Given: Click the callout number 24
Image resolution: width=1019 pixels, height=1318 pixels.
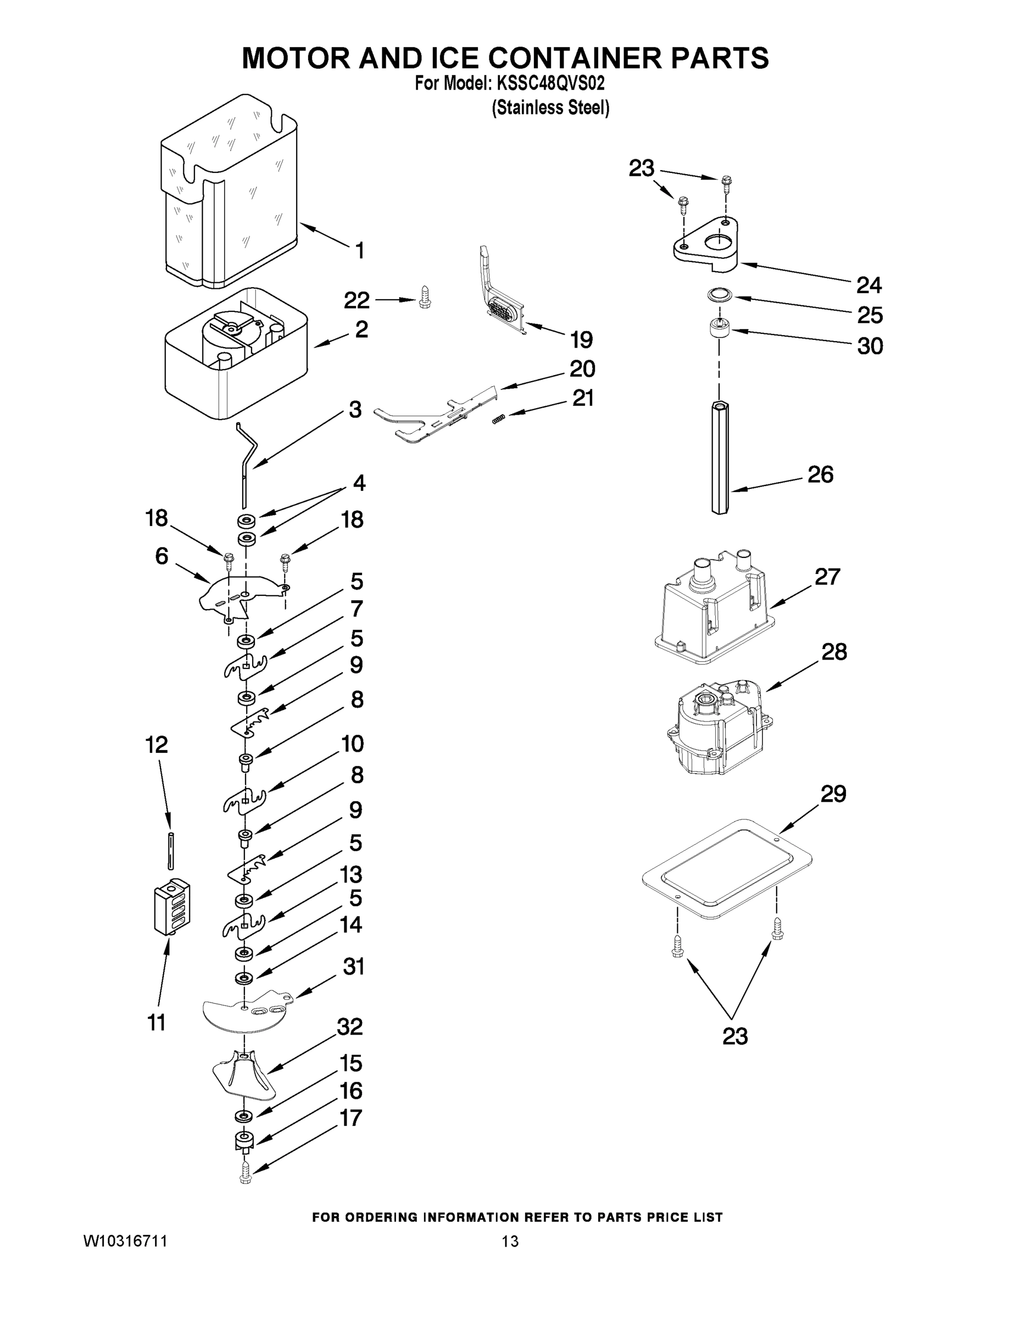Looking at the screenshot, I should (868, 285).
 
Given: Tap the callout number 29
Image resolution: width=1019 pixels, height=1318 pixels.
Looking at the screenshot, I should (833, 794).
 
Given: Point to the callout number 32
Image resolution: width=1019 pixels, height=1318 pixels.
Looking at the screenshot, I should (350, 1026).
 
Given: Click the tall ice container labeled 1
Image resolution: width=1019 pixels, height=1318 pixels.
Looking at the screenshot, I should (230, 193).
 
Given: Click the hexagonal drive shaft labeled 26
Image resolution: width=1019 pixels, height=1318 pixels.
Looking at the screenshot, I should (720, 459).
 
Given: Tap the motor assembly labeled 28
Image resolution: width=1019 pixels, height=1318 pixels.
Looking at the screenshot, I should (719, 730).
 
